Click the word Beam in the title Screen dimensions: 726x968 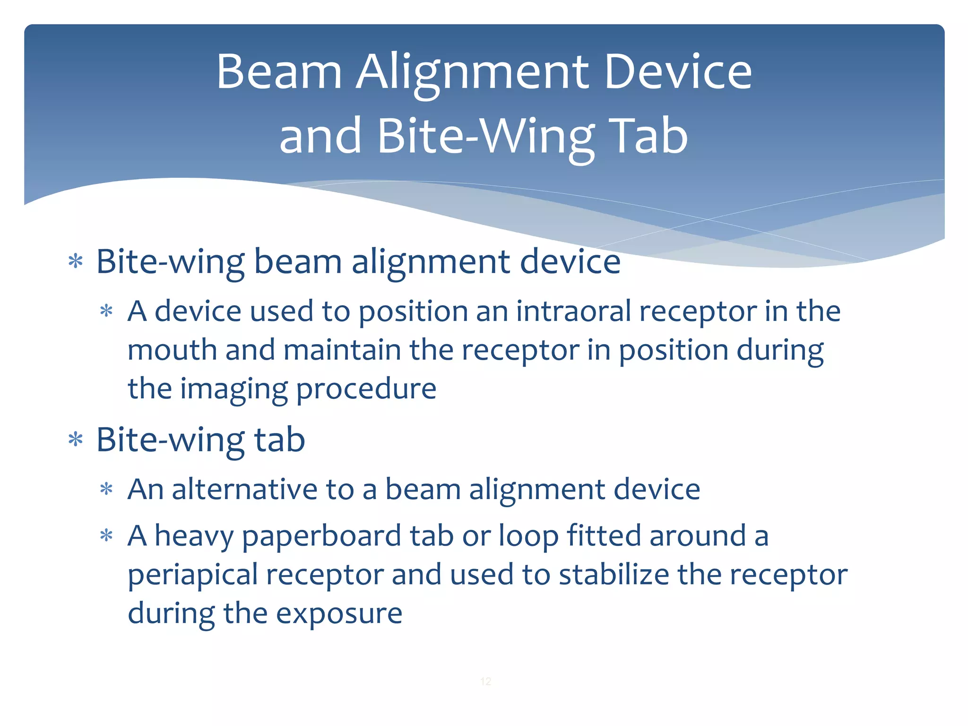coord(279,72)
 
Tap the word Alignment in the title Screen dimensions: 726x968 coord(473,72)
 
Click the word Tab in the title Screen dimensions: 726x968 coord(648,136)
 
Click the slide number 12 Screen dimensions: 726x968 coord(485,681)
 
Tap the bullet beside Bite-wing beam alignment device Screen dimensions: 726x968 coord(76,261)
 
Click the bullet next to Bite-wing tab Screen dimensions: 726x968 coord(76,440)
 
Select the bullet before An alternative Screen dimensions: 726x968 coord(106,489)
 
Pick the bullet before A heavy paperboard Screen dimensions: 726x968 coord(106,536)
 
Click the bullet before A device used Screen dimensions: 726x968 coord(106,311)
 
